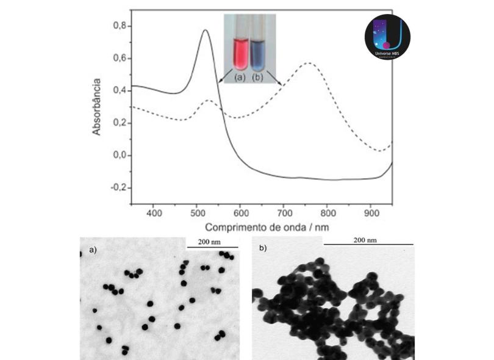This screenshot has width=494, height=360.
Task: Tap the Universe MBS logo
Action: (387, 37)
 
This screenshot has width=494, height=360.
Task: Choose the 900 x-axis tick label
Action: (370, 213)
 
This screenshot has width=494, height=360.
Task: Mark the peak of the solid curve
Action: (205, 30)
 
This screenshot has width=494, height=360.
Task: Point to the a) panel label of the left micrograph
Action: (93, 250)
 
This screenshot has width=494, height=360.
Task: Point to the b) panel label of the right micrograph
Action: (263, 248)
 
